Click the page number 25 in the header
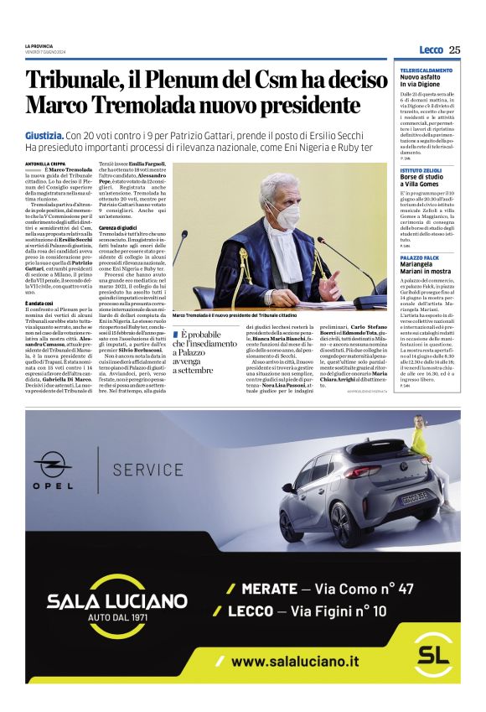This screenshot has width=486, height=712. (455, 49)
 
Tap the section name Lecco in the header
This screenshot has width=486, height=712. (431, 49)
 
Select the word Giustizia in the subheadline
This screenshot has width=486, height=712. (44, 134)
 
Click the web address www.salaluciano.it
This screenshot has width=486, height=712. (295, 661)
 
